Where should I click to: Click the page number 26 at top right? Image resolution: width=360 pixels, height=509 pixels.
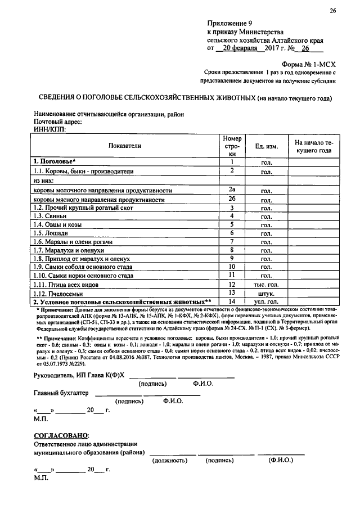332,11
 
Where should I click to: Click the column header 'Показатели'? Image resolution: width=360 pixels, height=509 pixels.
125,146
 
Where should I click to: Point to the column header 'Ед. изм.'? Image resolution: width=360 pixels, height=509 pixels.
267,146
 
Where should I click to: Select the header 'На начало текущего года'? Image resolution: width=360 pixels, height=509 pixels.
313,147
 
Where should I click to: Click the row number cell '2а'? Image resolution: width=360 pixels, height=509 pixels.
231,190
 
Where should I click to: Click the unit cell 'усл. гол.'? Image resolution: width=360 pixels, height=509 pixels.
267,303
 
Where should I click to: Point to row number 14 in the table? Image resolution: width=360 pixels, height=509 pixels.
231,302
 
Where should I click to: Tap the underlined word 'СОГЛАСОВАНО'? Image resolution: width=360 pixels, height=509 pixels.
61,435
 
